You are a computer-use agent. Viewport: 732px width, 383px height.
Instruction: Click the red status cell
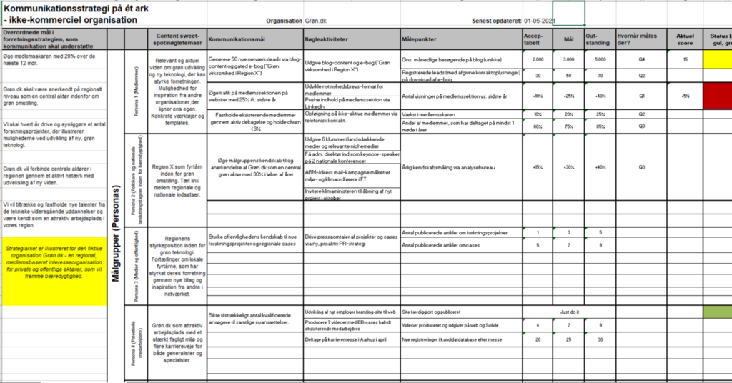[x=716, y=94]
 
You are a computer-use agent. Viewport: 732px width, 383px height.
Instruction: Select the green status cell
[x=716, y=312]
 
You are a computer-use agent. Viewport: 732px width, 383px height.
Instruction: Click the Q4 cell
[x=641, y=61]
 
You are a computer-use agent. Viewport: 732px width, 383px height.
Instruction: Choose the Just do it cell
[x=570, y=312]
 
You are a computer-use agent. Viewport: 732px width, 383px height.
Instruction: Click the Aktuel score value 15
[x=685, y=61]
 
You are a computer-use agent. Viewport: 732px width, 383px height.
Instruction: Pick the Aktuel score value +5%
[x=685, y=95]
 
